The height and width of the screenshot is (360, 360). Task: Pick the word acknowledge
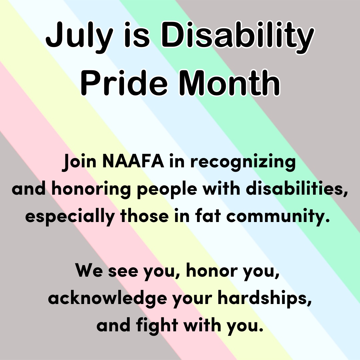click(x=107, y=298)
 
